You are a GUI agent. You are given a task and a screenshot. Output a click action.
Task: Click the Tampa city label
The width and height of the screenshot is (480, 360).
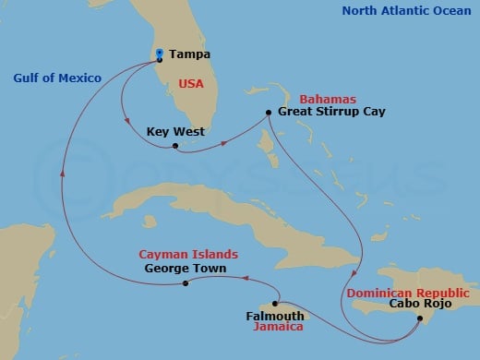[188, 54]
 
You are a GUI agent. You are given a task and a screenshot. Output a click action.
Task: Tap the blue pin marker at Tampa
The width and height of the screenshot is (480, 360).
[160, 54]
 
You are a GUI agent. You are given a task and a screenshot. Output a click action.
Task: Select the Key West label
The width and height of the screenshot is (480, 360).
[175, 132]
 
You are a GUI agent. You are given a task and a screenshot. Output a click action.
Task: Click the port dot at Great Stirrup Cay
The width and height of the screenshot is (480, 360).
[268, 113]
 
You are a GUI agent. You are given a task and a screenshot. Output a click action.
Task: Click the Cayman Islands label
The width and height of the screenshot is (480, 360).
[188, 254]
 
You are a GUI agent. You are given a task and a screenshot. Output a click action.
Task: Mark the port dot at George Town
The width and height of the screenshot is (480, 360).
[186, 283]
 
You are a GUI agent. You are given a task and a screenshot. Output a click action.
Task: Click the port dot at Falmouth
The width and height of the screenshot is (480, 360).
[276, 303]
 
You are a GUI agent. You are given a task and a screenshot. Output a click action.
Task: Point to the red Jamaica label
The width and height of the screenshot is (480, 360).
[282, 326]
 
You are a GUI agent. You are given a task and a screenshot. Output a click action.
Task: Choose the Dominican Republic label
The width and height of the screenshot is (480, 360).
[407, 293]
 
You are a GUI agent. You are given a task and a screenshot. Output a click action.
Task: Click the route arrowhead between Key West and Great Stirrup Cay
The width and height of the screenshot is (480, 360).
[224, 143]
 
